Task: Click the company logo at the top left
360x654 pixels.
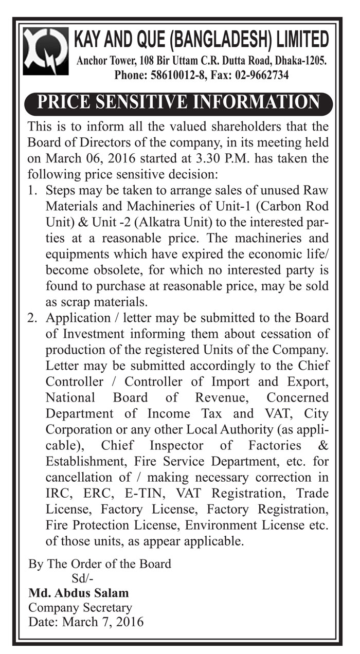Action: [45, 51]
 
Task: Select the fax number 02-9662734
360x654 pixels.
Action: [262, 75]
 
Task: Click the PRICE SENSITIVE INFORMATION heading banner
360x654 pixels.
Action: [178, 101]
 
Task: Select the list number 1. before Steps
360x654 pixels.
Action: [33, 190]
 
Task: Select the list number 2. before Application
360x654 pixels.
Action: [33, 318]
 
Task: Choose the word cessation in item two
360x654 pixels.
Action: [285, 334]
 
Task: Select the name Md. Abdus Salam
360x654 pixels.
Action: [79, 593]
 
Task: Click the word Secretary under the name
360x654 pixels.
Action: [107, 608]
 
